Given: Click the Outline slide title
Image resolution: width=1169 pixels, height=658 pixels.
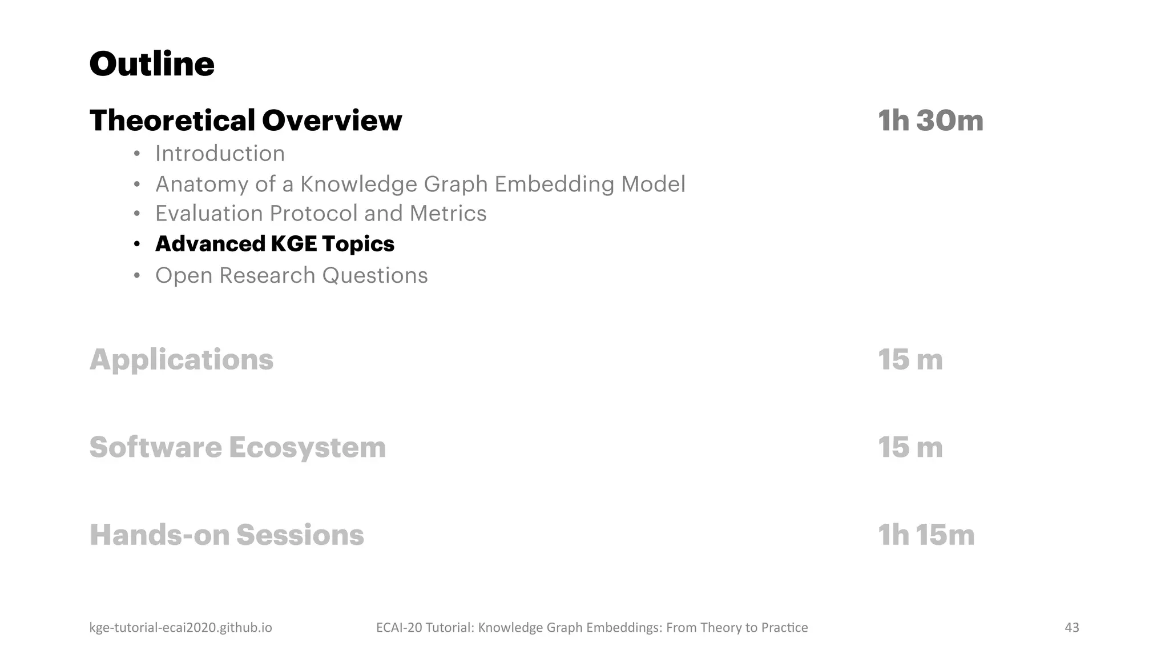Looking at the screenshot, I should tap(152, 64).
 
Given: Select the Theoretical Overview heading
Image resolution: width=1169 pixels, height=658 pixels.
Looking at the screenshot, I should tap(245, 121).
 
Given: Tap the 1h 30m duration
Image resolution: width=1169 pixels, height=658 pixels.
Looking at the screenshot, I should tap(930, 121).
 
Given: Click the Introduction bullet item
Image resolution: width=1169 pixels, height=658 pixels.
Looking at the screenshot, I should tap(220, 154).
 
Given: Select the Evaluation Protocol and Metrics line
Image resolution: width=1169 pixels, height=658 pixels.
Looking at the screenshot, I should tap(321, 214).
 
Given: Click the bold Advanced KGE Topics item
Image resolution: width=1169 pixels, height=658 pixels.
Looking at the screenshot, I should tap(275, 244).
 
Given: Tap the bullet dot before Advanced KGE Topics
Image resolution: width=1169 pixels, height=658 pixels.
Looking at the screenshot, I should tap(136, 244).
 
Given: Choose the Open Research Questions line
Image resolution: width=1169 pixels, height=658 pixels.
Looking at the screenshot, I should tap(291, 275).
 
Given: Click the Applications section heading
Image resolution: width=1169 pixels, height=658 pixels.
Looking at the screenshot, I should tap(182, 360).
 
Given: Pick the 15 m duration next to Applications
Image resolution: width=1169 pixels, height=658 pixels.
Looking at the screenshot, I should tap(910, 360).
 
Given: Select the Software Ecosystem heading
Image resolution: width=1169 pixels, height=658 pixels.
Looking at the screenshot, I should tap(237, 447).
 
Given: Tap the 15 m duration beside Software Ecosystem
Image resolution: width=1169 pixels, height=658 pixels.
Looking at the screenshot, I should tap(910, 447).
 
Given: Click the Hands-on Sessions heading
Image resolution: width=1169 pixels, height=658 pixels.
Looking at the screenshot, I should tap(227, 535).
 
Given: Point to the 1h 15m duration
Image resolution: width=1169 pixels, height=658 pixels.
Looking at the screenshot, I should tap(926, 535).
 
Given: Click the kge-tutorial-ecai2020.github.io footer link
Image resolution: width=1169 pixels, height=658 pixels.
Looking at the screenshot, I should tap(180, 628).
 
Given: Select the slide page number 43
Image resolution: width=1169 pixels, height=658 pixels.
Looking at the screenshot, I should tap(1071, 628).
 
